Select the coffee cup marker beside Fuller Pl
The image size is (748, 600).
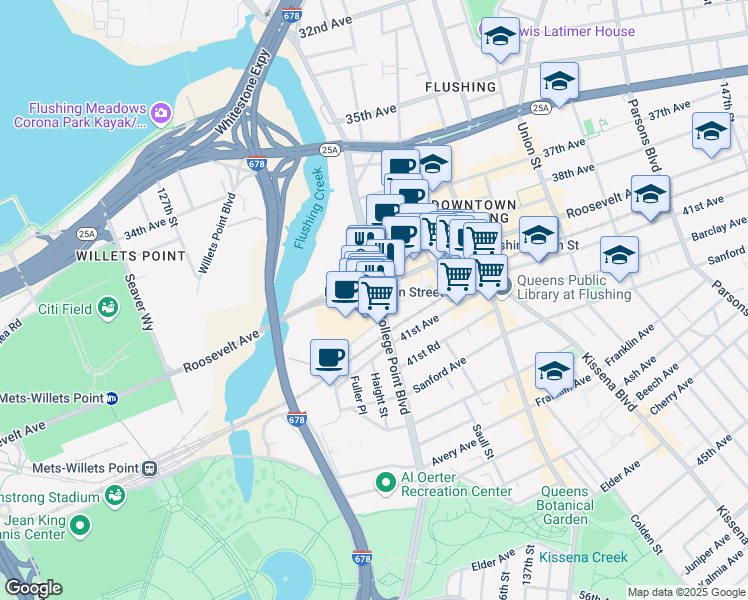point(329,357)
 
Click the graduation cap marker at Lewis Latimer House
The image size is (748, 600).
point(499,37)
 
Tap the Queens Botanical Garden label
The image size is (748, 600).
point(564,505)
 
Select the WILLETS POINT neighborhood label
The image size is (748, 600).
point(130,256)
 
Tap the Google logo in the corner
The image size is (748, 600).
point(33,588)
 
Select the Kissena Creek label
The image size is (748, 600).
point(583,557)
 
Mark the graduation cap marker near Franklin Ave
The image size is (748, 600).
point(554,370)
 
